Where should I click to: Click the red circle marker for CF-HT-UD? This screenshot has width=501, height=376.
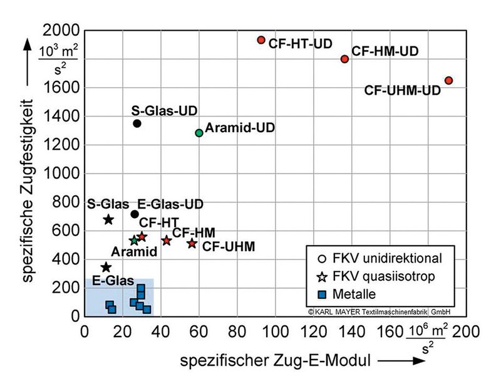point(261,40)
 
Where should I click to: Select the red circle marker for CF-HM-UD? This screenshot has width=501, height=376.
point(344,59)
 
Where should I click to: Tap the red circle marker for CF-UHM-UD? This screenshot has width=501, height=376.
point(448,80)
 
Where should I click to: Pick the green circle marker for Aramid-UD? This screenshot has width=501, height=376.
point(199,133)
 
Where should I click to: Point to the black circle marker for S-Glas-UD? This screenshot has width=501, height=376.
point(137,123)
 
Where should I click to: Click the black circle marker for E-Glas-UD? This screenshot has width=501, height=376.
point(135,214)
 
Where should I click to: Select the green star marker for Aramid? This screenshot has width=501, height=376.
point(134,240)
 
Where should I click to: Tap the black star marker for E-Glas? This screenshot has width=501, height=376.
point(106,268)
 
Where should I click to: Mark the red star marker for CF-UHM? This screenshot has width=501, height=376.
point(192,243)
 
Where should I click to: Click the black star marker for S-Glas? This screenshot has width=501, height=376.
point(108,219)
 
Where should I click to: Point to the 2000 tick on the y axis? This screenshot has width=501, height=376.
point(60,31)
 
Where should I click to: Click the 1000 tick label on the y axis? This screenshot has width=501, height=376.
point(60,174)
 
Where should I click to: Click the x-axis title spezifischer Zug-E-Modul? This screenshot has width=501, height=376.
point(275,360)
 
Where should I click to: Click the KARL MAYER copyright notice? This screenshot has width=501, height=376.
point(378,311)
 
